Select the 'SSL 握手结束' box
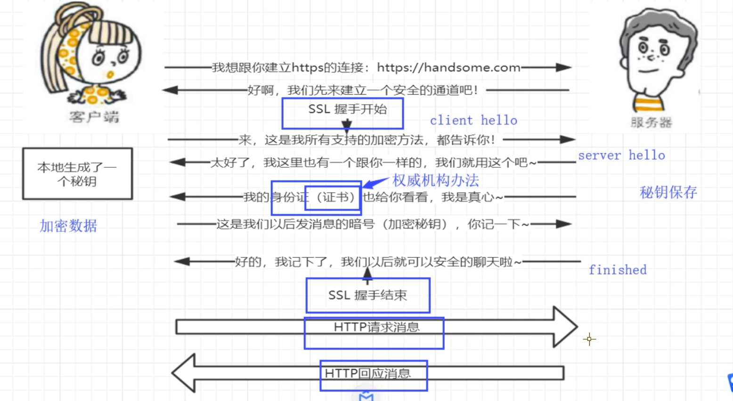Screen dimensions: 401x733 click(367, 295)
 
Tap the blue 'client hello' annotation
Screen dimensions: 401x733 click(473, 121)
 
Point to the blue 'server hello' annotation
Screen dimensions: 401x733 click(621, 155)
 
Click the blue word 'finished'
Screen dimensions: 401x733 click(618, 270)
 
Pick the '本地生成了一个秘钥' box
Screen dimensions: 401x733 click(77, 174)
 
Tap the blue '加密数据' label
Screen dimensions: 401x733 click(68, 226)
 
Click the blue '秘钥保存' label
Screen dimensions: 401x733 click(668, 192)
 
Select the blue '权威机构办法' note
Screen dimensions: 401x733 click(436, 180)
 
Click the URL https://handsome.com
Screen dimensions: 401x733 click(448, 68)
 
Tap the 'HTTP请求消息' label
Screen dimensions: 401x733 click(376, 327)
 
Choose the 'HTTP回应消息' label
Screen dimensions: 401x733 click(368, 374)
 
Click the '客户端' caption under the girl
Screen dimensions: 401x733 click(94, 116)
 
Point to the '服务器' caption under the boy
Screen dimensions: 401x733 click(651, 123)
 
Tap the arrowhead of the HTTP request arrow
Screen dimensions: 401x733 click(565, 327)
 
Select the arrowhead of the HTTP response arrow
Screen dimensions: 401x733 click(184, 373)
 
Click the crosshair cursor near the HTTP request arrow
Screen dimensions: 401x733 click(589, 339)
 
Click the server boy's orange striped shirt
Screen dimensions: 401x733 click(648, 104)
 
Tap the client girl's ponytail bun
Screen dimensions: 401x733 click(75, 14)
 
